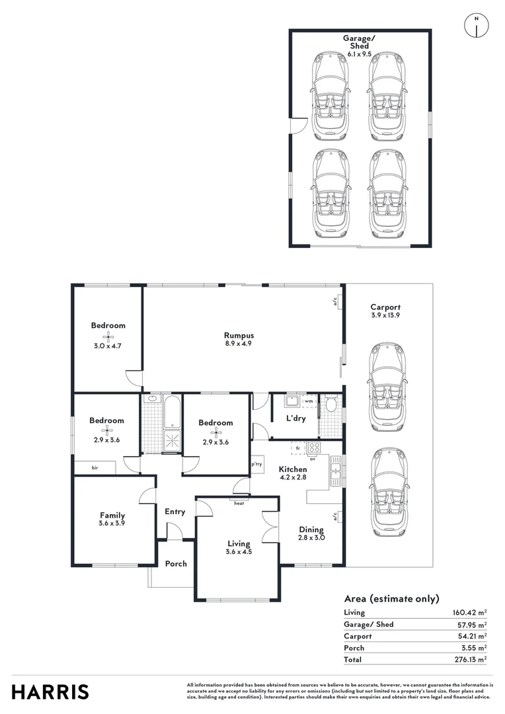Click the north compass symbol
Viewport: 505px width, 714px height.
[x=476, y=25]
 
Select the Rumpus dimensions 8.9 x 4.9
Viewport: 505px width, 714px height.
[x=239, y=344]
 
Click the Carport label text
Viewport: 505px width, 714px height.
[x=385, y=307]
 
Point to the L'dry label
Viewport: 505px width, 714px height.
[x=295, y=418]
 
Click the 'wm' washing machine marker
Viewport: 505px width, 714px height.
[x=309, y=401]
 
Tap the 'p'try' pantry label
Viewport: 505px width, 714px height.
[x=258, y=465]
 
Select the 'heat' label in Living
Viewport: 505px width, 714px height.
[x=239, y=503]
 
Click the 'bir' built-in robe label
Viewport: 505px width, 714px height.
[x=95, y=467]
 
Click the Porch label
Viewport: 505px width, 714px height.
[x=176, y=564]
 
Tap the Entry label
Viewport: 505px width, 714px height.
[x=175, y=512]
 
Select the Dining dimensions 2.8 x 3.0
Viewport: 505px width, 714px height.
[x=311, y=538]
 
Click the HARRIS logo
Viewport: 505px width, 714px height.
[x=50, y=692]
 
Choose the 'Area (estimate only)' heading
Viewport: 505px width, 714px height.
[x=391, y=599]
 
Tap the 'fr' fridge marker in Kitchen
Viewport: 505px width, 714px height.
[x=298, y=448]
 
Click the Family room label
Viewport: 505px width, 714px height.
[x=112, y=515]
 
